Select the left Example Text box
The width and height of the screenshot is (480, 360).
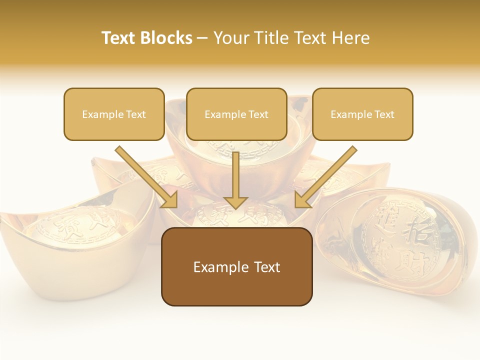(x=114, y=114)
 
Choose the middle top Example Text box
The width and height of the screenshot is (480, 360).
(x=236, y=114)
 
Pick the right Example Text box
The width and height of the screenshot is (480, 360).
(x=362, y=114)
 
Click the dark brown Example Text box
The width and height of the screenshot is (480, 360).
(x=236, y=266)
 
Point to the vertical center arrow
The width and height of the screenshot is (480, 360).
(x=236, y=175)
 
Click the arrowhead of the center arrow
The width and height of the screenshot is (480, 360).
(x=236, y=201)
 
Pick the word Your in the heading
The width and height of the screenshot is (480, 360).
(x=230, y=38)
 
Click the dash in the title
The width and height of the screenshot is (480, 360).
(x=203, y=38)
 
